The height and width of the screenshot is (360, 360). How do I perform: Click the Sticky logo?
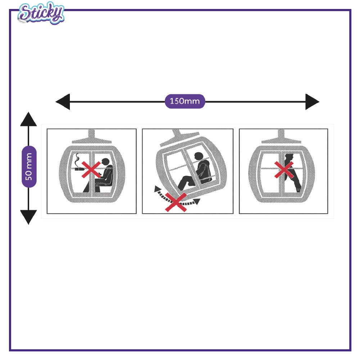point(41,13)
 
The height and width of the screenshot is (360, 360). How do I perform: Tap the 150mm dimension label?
point(185,101)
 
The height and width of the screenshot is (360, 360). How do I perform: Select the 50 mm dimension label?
point(29,166)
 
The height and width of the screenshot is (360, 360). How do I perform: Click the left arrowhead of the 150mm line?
point(63,102)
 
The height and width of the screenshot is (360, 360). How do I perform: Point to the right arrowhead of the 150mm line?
point(312,102)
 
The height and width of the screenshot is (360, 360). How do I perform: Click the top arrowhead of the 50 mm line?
point(28,119)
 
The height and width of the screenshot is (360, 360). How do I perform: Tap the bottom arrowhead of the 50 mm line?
point(28,217)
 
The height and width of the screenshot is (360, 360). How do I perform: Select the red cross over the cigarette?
point(91,170)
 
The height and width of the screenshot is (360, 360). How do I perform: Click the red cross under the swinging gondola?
point(176,202)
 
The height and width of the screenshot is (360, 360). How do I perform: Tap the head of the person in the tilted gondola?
point(199,156)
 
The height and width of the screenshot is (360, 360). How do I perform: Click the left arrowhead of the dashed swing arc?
point(157,189)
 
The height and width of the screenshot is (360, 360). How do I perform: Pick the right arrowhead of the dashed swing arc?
point(197,202)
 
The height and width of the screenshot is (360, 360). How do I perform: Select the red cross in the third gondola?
point(284,170)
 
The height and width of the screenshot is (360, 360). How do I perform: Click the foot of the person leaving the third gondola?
point(298,190)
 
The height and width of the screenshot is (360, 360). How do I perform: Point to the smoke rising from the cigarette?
point(77,160)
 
